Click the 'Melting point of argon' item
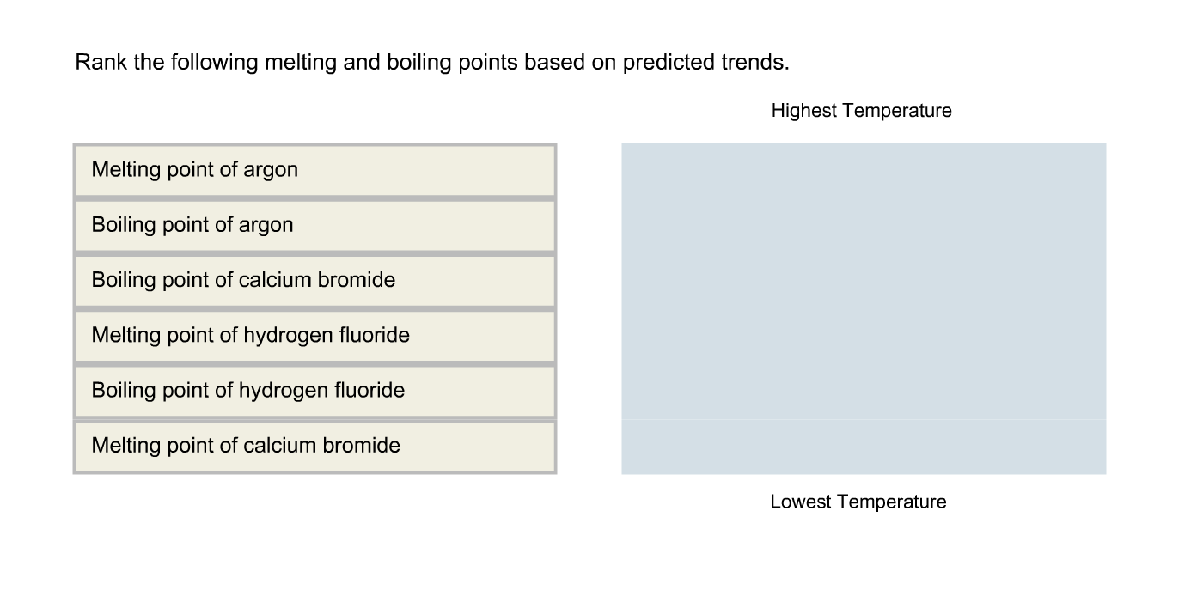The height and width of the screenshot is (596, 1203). pos(314,170)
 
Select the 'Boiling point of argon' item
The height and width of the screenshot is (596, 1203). pos(314,225)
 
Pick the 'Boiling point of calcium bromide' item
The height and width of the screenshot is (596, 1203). pos(314,280)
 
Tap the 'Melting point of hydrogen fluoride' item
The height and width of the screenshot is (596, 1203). pos(314,335)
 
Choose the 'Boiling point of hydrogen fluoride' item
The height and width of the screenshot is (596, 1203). pos(314,391)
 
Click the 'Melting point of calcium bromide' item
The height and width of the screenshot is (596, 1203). pos(314,446)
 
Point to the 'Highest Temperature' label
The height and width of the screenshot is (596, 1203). pos(861,111)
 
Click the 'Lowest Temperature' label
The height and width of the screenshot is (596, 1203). pos(858,502)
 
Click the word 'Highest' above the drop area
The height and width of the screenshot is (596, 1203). pos(803,111)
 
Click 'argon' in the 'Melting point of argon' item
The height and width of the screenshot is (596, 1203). pos(271,170)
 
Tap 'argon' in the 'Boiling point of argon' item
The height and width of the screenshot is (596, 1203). pos(266,225)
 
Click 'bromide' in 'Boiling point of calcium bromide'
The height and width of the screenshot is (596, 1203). pos(359,280)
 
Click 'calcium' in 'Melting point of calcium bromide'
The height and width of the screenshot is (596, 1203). pos(279,446)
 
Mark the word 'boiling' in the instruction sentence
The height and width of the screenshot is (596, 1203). pos(420,62)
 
